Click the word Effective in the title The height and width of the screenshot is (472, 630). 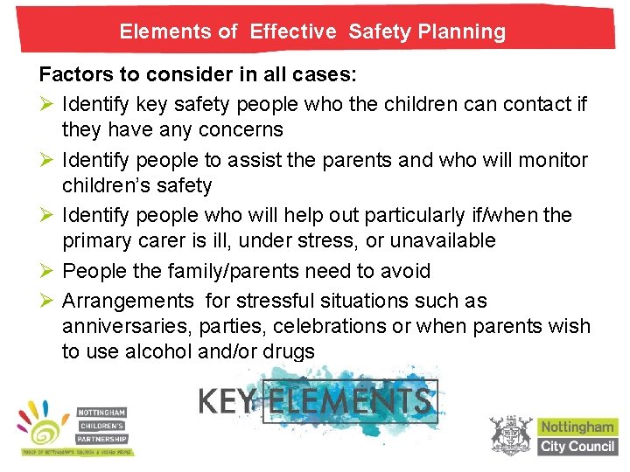click(293, 32)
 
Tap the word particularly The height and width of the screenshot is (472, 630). click(432, 215)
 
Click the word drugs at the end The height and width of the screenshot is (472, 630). click(289, 352)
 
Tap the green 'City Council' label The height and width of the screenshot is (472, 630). click(577, 447)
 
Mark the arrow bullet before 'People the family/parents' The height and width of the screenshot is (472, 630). click(47, 271)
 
